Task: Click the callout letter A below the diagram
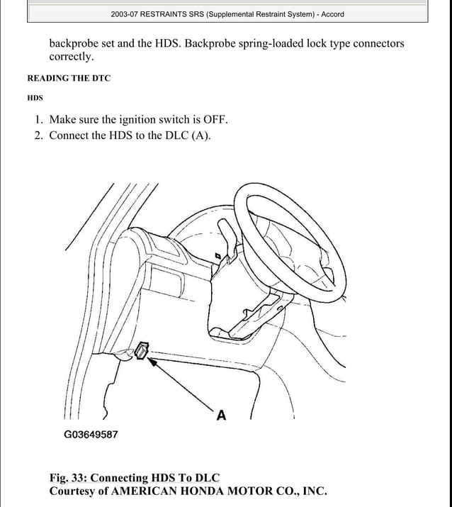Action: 221,416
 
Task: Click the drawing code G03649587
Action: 91,435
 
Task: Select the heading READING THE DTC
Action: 68,78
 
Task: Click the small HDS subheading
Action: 35,98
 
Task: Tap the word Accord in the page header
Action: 332,14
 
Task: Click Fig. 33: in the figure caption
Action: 68,478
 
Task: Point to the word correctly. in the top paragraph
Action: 71,57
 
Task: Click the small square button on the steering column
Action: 218,255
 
